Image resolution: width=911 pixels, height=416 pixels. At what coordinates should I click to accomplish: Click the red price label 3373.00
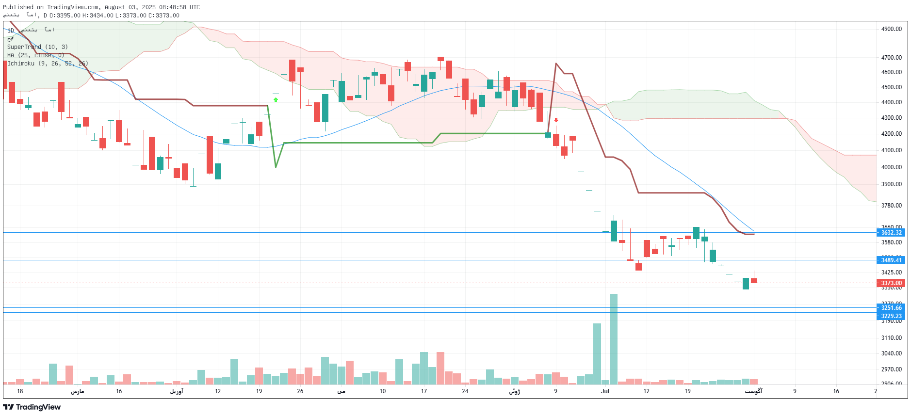pyautogui.click(x=891, y=283)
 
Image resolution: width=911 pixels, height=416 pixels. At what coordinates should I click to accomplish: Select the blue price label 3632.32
pyautogui.click(x=891, y=233)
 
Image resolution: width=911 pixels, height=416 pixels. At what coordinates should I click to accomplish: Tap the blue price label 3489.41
pyautogui.click(x=891, y=260)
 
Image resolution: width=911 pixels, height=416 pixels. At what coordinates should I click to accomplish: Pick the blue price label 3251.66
pyautogui.click(x=891, y=308)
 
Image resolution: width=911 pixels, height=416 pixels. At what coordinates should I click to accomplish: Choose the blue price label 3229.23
pyautogui.click(x=891, y=316)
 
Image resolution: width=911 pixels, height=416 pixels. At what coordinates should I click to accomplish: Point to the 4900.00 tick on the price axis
pyautogui.click(x=891, y=29)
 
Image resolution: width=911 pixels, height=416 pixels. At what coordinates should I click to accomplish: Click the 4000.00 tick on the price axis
pyautogui.click(x=891, y=167)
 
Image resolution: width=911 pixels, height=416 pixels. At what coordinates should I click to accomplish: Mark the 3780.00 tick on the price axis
pyautogui.click(x=891, y=206)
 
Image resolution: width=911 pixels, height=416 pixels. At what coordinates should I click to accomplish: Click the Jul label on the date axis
pyautogui.click(x=605, y=391)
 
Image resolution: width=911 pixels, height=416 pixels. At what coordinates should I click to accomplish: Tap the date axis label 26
pyautogui.click(x=300, y=391)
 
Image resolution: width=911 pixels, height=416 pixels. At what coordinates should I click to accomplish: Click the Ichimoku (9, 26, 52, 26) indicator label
pyautogui.click(x=48, y=64)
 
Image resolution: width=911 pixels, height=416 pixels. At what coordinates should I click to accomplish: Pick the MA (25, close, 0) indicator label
pyautogui.click(x=36, y=55)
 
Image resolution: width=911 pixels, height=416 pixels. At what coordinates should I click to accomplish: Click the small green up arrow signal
pyautogui.click(x=276, y=100)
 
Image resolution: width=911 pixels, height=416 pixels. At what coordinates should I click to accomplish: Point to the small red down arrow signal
pyautogui.click(x=556, y=120)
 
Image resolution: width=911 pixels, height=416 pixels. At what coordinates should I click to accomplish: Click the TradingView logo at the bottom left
pyautogui.click(x=32, y=407)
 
